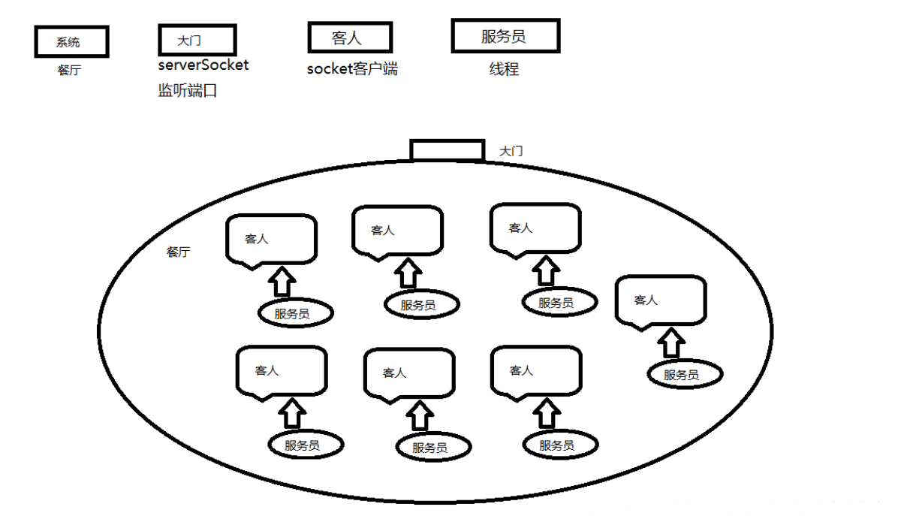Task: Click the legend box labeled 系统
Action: click(71, 41)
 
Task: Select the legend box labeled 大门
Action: click(197, 39)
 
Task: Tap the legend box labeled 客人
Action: click(350, 38)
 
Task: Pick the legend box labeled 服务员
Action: click(505, 36)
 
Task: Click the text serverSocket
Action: click(203, 65)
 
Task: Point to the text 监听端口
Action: click(188, 92)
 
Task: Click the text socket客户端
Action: click(352, 70)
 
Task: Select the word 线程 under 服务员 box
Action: click(504, 70)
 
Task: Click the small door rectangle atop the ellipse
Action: click(447, 149)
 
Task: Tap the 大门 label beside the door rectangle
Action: click(511, 152)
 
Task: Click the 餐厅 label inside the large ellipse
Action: click(178, 252)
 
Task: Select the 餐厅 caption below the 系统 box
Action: click(69, 71)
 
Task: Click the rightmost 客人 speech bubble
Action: click(660, 300)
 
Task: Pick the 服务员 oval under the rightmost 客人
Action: click(683, 374)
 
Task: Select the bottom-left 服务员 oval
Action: click(305, 444)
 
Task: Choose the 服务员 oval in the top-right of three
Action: click(559, 303)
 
